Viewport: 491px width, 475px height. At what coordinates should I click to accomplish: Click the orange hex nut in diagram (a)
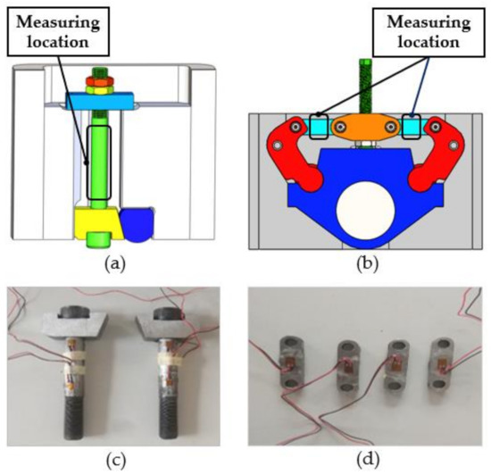(x=100, y=81)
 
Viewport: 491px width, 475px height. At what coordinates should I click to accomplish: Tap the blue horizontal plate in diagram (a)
(x=100, y=101)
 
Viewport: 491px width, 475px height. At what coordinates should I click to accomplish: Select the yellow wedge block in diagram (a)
(x=98, y=223)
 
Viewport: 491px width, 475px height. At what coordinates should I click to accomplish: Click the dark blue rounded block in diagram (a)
(x=137, y=224)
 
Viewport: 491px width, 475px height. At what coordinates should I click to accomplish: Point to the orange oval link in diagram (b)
(x=365, y=127)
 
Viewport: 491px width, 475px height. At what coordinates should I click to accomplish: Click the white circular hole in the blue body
(x=365, y=210)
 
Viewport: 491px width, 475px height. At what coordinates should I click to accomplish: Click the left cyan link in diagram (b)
(x=319, y=127)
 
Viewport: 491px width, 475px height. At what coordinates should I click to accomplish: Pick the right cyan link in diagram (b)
(x=412, y=127)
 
